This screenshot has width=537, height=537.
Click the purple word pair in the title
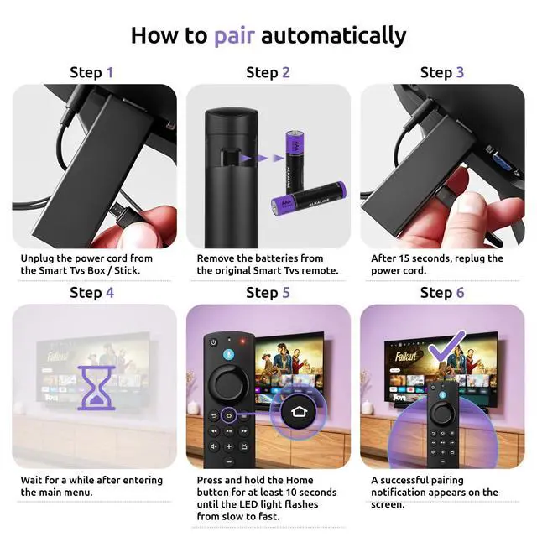pos(235,36)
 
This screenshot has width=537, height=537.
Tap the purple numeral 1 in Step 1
pos(110,73)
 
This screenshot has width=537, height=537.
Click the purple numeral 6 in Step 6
pos(461,293)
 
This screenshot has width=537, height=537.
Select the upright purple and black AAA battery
pos(295,162)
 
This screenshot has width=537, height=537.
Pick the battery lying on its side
pos(309,199)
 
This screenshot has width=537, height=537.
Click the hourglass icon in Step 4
pos(96,388)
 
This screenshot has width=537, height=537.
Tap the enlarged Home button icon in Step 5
pos(299,412)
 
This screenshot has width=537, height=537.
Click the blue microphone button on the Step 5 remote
pos(229,355)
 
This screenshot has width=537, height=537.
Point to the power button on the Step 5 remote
pos(213,342)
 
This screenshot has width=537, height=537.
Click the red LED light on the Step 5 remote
pos(243,341)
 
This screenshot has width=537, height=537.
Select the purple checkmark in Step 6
pos(446,347)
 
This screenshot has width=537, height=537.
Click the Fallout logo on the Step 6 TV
pos(406,356)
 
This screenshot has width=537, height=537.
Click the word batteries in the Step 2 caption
pos(274,258)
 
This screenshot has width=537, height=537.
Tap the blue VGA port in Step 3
pos(502,161)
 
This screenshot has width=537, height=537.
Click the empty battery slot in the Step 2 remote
pos(228,157)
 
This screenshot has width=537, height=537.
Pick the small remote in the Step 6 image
pos(442,425)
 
